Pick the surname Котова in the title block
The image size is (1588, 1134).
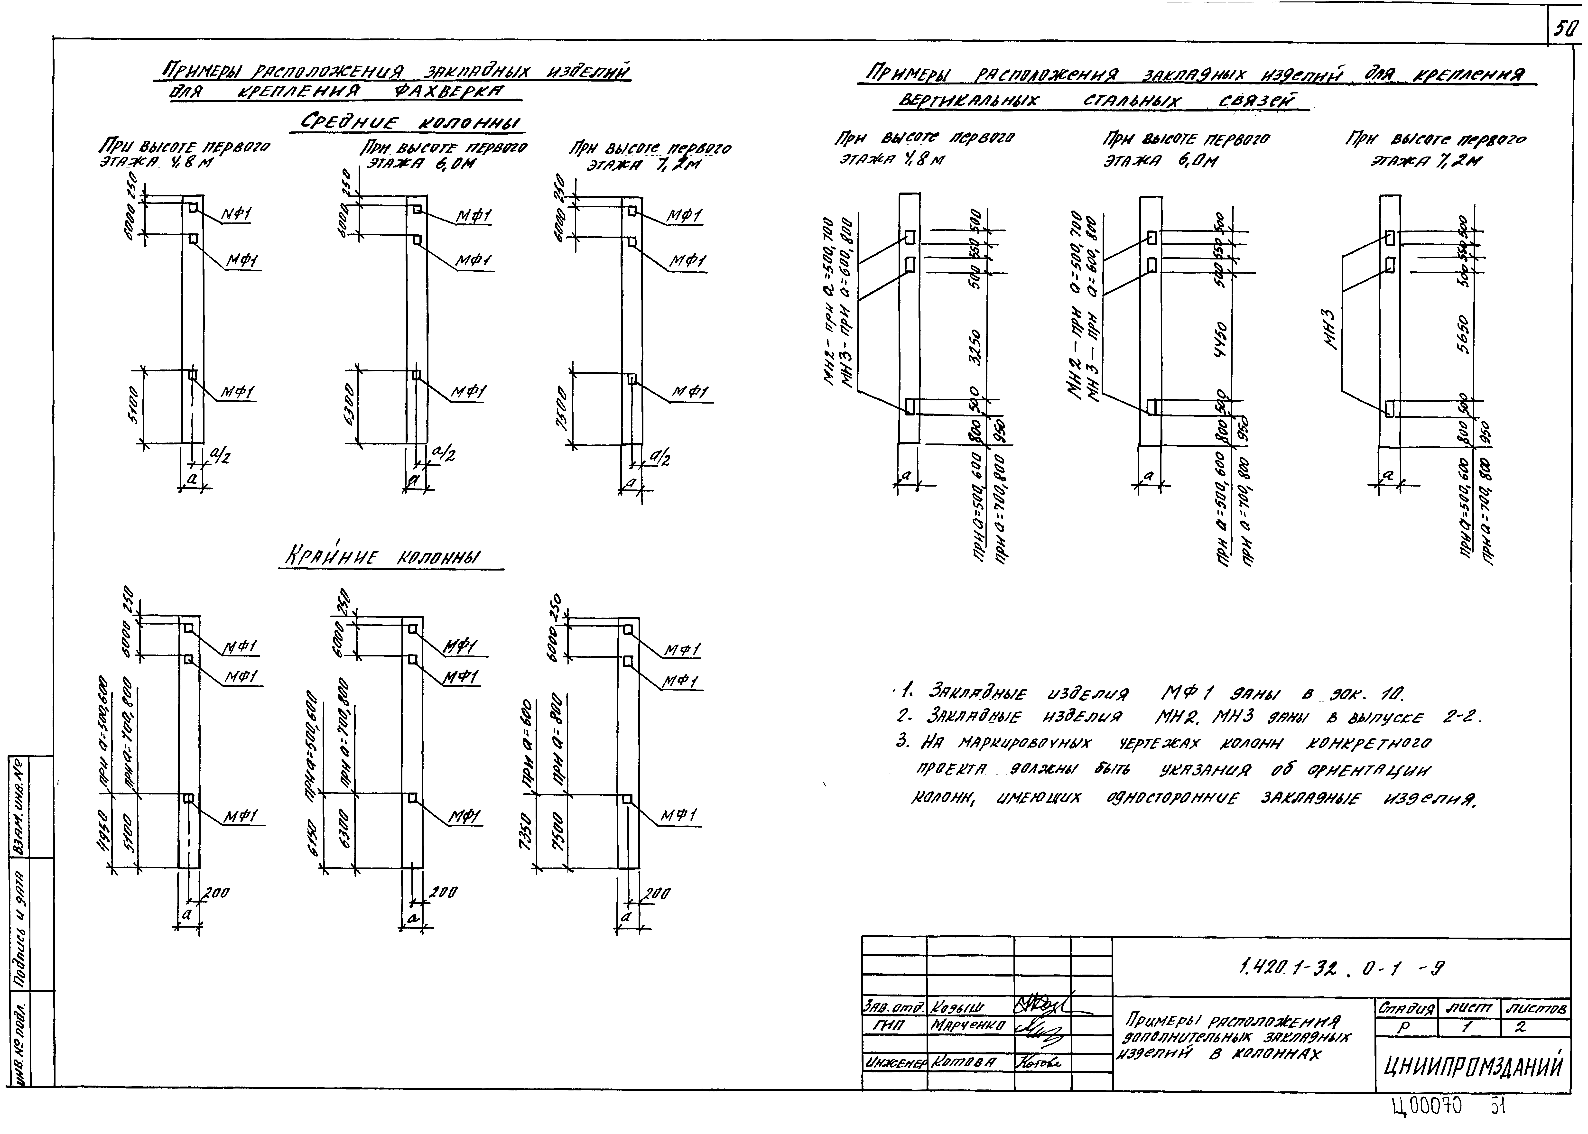[x=964, y=1062]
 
